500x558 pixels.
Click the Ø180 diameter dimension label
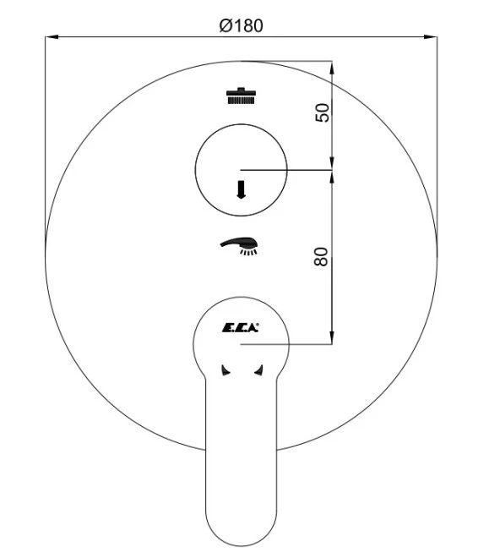[241, 26]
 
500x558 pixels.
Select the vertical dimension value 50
[322, 112]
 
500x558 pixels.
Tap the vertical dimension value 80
[321, 256]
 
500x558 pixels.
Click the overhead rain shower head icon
[241, 96]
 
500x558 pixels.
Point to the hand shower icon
[239, 246]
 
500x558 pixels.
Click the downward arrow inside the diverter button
[241, 189]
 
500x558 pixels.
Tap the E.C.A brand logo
[241, 328]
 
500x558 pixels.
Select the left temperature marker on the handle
[226, 369]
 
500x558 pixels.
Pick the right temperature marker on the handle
[258, 369]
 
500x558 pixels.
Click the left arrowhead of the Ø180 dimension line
[52, 36]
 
